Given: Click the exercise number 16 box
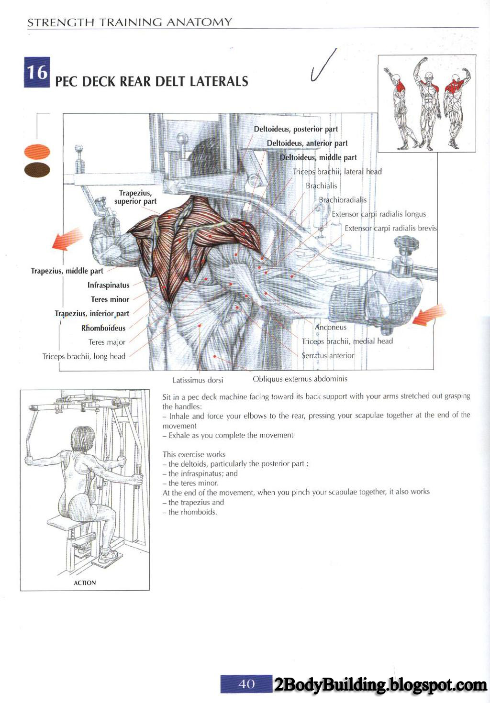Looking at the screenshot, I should pos(37,73).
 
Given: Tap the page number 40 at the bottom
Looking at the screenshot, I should pos(246,684).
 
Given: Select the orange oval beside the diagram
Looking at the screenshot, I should pos(37,152).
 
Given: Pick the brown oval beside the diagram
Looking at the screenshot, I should pos(37,169).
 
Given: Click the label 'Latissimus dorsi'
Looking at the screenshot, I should pos(198,380).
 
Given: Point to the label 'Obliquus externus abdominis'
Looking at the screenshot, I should pos(300,379).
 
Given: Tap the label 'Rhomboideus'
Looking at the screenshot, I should pos(103,328).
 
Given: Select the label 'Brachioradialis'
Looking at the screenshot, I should pos(343,200).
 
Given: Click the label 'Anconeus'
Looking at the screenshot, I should pos(331,327).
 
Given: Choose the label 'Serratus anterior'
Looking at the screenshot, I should pos(328,355).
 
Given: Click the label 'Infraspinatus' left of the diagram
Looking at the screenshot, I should pos(108,285).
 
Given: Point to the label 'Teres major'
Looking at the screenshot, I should pos(107,342).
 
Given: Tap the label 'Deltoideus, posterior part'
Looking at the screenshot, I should pos(296,129).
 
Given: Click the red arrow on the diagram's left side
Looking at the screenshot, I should pos(68,239).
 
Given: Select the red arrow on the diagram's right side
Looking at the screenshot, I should pos(429,316).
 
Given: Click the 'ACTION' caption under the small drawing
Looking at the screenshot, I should pos(85,583).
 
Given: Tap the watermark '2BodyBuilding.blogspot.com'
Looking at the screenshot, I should pos(380,685).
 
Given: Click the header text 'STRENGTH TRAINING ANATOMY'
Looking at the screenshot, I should pos(130,22).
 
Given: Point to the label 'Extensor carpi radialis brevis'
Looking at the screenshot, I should pos(391,229).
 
